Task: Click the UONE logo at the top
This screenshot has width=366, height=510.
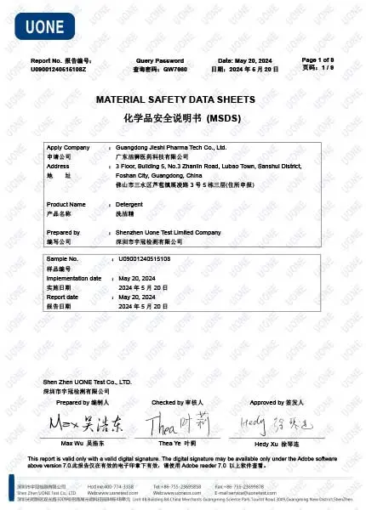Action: pos(38,25)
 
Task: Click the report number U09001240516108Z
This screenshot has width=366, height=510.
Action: pos(59,68)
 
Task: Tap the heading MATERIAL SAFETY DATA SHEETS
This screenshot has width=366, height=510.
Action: pos(182,99)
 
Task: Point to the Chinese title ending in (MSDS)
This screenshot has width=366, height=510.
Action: pos(183,115)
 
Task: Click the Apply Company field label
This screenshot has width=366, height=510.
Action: pos(68,148)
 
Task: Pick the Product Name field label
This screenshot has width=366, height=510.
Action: pos(66,205)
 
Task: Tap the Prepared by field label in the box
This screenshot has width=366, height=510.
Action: pos(63,232)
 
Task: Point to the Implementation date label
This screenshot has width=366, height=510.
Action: pos(74,278)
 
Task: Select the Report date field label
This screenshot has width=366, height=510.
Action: pos(63,297)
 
